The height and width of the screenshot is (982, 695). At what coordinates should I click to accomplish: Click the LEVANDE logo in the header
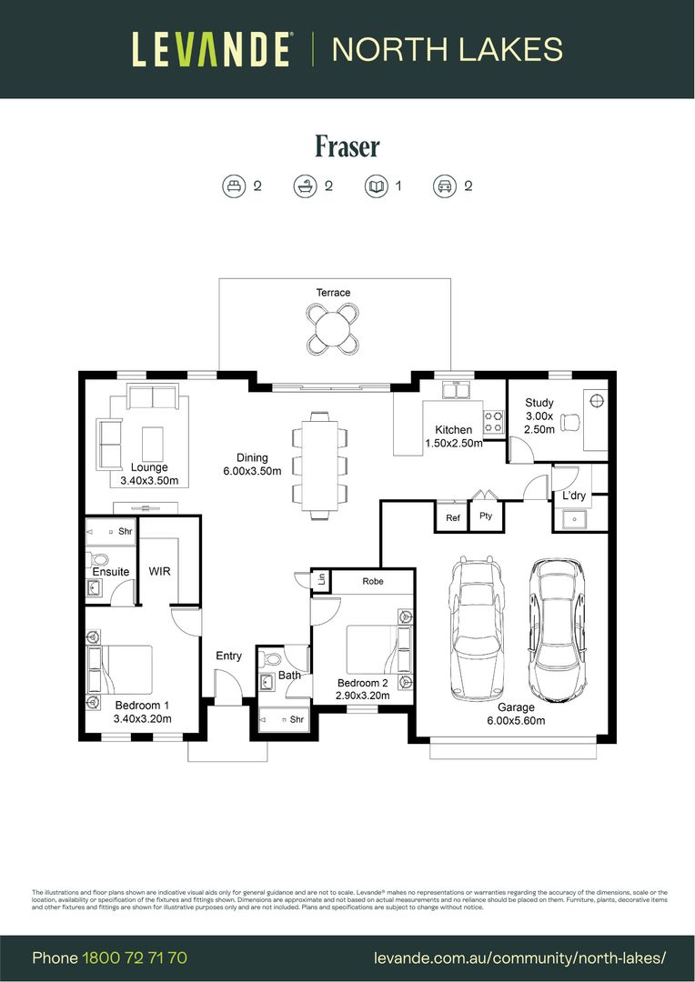click(211, 49)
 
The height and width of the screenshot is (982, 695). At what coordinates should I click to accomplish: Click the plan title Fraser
click(347, 146)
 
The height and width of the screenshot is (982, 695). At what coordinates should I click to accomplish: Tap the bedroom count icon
click(234, 186)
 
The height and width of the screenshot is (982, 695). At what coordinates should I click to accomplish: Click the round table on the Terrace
click(334, 327)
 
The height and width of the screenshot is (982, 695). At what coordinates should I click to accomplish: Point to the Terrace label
click(333, 293)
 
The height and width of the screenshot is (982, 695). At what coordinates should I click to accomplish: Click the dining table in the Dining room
click(319, 465)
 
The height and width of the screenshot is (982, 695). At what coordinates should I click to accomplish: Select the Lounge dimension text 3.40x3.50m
click(149, 480)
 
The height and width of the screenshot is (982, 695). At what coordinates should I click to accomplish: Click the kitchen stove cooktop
click(493, 421)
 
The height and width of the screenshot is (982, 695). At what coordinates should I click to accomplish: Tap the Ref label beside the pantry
click(452, 517)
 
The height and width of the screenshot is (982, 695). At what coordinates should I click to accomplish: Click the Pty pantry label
click(486, 516)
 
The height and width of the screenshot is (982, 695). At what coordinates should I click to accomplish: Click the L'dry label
click(573, 496)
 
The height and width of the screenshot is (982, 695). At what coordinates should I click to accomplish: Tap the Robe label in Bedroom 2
click(372, 581)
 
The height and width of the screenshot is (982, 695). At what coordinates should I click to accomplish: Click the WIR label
click(160, 571)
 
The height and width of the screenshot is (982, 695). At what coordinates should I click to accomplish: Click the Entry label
click(228, 656)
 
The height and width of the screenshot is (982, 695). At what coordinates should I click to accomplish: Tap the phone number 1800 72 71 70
click(135, 957)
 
